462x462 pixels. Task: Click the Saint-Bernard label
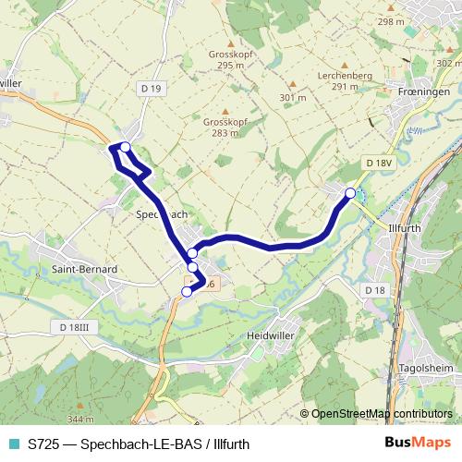pyautogui.click(x=84, y=269)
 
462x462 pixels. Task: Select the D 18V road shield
pyautogui.click(x=379, y=163)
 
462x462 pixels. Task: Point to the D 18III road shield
pyautogui.click(x=74, y=327)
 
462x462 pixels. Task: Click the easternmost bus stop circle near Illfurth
pyautogui.click(x=350, y=193)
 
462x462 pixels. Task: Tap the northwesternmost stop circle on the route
pyautogui.click(x=126, y=147)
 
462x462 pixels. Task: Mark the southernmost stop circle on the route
pyautogui.click(x=187, y=291)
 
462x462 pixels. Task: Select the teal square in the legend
pyautogui.click(x=12, y=444)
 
